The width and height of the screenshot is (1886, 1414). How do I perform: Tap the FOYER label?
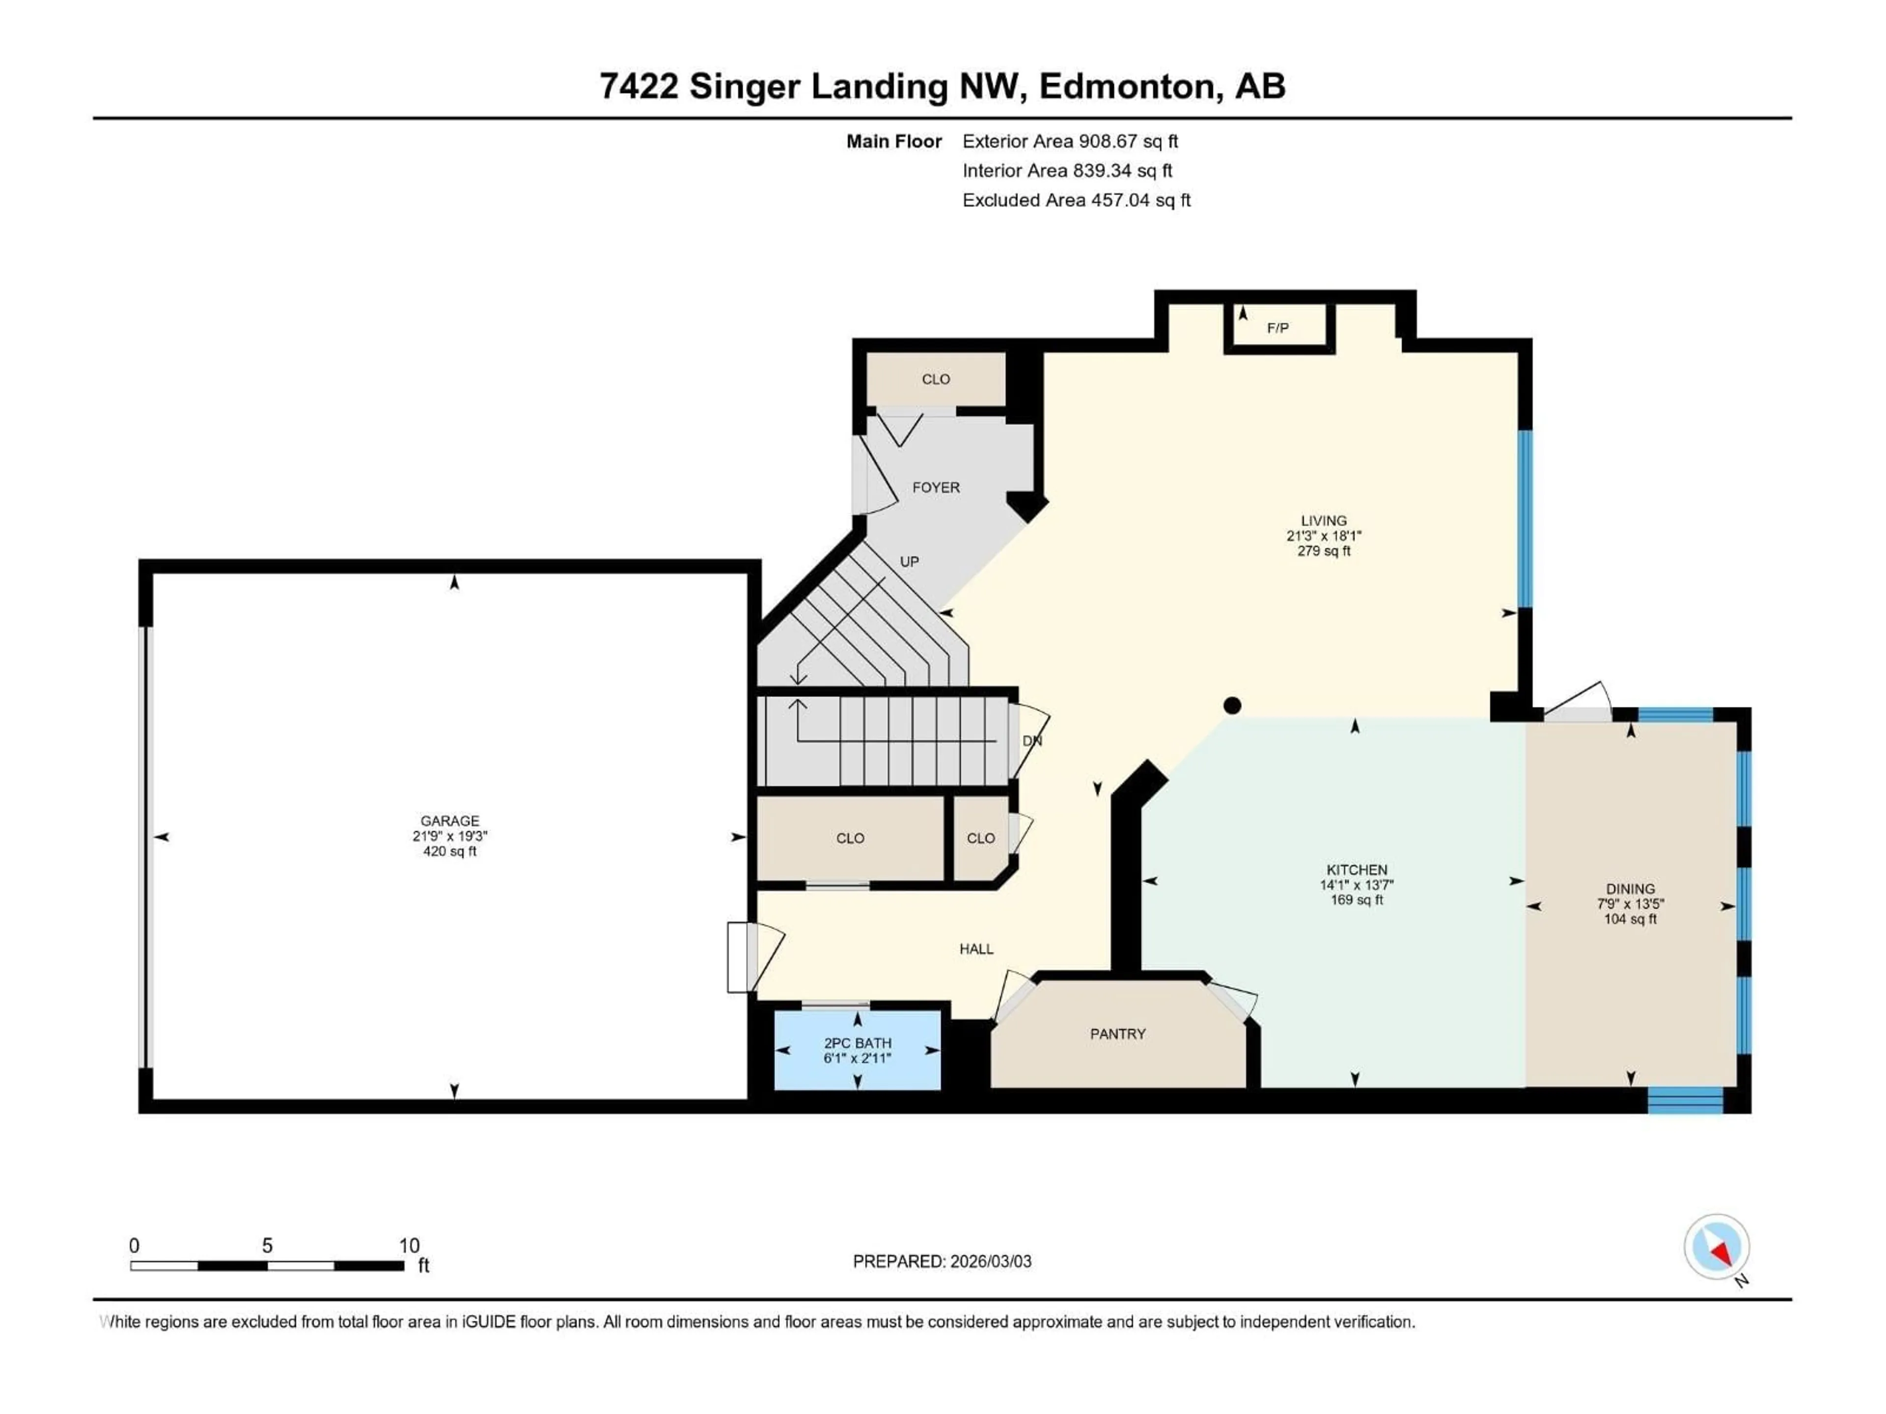935,488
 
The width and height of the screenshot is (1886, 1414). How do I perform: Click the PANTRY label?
1117,1034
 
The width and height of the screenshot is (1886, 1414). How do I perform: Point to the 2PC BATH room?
857,1051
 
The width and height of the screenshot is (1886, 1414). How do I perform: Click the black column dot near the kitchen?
1231,705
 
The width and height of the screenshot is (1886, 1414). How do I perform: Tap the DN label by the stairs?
1032,741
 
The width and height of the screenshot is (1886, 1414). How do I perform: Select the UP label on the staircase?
909,562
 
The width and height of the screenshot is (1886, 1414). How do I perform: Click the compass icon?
1717,1247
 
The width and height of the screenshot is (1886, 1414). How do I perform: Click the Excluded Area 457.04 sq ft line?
1076,200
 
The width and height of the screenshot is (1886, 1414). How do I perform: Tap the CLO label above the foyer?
935,380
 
